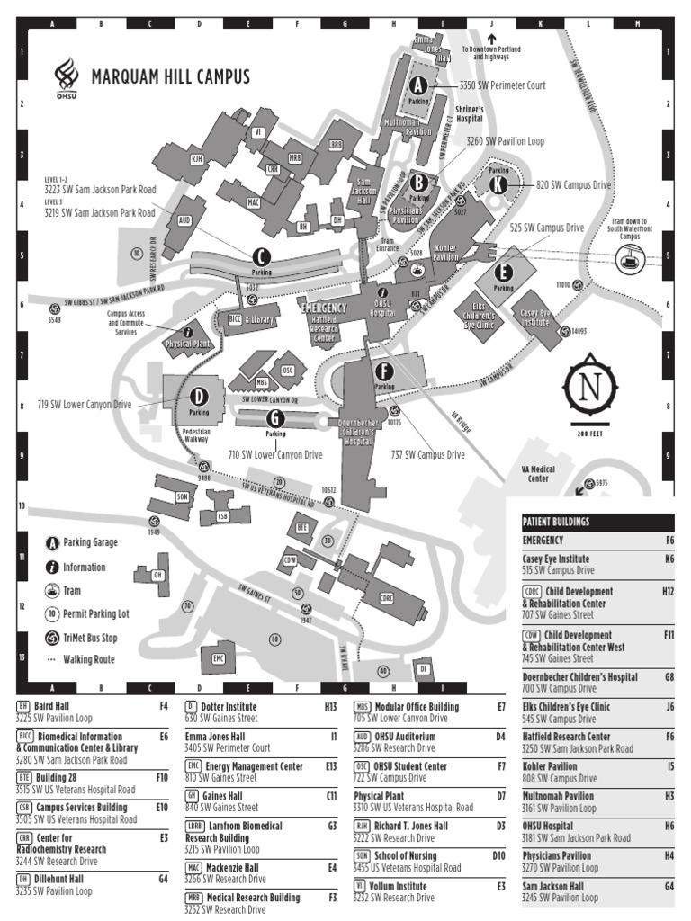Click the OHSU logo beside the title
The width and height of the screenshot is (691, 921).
tap(65, 75)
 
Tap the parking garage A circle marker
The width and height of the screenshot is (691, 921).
tap(417, 85)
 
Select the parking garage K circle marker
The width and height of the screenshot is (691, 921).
tap(498, 183)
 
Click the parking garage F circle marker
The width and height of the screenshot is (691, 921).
tap(384, 371)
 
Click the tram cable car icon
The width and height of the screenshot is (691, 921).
tap(626, 260)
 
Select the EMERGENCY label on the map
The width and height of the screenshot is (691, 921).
tap(323, 307)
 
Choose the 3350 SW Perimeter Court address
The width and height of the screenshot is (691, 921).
tap(502, 85)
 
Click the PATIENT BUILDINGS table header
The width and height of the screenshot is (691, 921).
tap(556, 522)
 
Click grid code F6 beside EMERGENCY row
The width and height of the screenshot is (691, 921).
tap(669, 541)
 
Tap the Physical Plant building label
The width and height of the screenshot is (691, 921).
tap(188, 342)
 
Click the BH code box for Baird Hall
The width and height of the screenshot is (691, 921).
tap(23, 707)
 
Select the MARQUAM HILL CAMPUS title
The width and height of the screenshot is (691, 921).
tap(170, 76)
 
